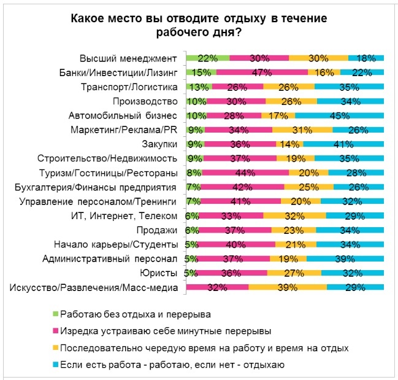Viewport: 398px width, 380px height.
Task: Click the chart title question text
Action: click(x=199, y=26)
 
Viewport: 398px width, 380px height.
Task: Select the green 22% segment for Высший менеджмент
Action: click(x=207, y=58)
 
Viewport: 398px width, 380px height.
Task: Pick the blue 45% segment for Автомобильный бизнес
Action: click(x=339, y=115)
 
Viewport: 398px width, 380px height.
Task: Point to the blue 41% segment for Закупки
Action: click(x=343, y=144)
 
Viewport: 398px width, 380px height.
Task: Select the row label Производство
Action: click(x=145, y=101)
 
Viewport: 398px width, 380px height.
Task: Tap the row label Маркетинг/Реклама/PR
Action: click(x=124, y=130)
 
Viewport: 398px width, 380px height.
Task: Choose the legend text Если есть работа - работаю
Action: click(x=172, y=365)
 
